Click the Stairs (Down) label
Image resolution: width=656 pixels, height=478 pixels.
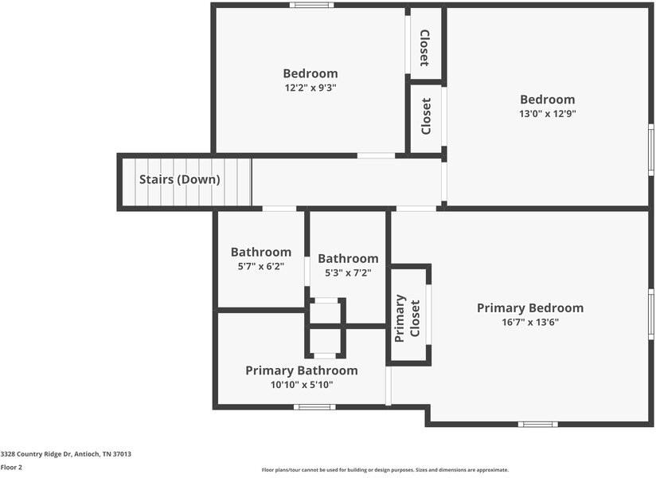[179, 179]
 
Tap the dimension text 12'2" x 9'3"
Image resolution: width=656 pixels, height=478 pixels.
[310, 88]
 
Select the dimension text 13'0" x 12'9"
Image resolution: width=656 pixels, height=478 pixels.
[547, 114]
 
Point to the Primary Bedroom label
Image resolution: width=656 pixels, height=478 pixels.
[529, 308]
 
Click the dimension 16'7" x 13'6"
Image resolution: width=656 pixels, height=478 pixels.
[529, 323]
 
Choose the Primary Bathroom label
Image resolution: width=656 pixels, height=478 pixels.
[301, 370]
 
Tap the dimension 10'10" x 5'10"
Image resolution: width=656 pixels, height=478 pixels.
[301, 385]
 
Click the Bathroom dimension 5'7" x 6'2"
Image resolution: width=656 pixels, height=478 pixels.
[260, 267]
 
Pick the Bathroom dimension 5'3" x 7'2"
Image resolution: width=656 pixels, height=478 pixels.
[348, 272]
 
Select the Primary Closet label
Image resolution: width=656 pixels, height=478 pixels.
[408, 317]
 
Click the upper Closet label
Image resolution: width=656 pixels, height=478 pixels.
[425, 48]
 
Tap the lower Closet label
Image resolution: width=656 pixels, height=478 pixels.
[426, 116]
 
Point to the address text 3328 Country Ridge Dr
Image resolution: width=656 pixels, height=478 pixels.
[65, 454]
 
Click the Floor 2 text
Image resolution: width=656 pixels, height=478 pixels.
[11, 467]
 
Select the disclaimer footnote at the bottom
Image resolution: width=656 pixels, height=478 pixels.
[385, 470]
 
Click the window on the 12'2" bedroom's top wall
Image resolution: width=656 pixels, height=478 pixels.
[311, 5]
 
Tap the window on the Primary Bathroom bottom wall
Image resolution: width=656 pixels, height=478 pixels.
[314, 407]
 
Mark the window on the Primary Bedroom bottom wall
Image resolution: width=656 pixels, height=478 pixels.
[537, 424]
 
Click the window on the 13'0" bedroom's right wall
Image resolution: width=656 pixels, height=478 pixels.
[650, 149]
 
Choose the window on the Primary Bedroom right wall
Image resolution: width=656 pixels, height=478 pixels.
[650, 314]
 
